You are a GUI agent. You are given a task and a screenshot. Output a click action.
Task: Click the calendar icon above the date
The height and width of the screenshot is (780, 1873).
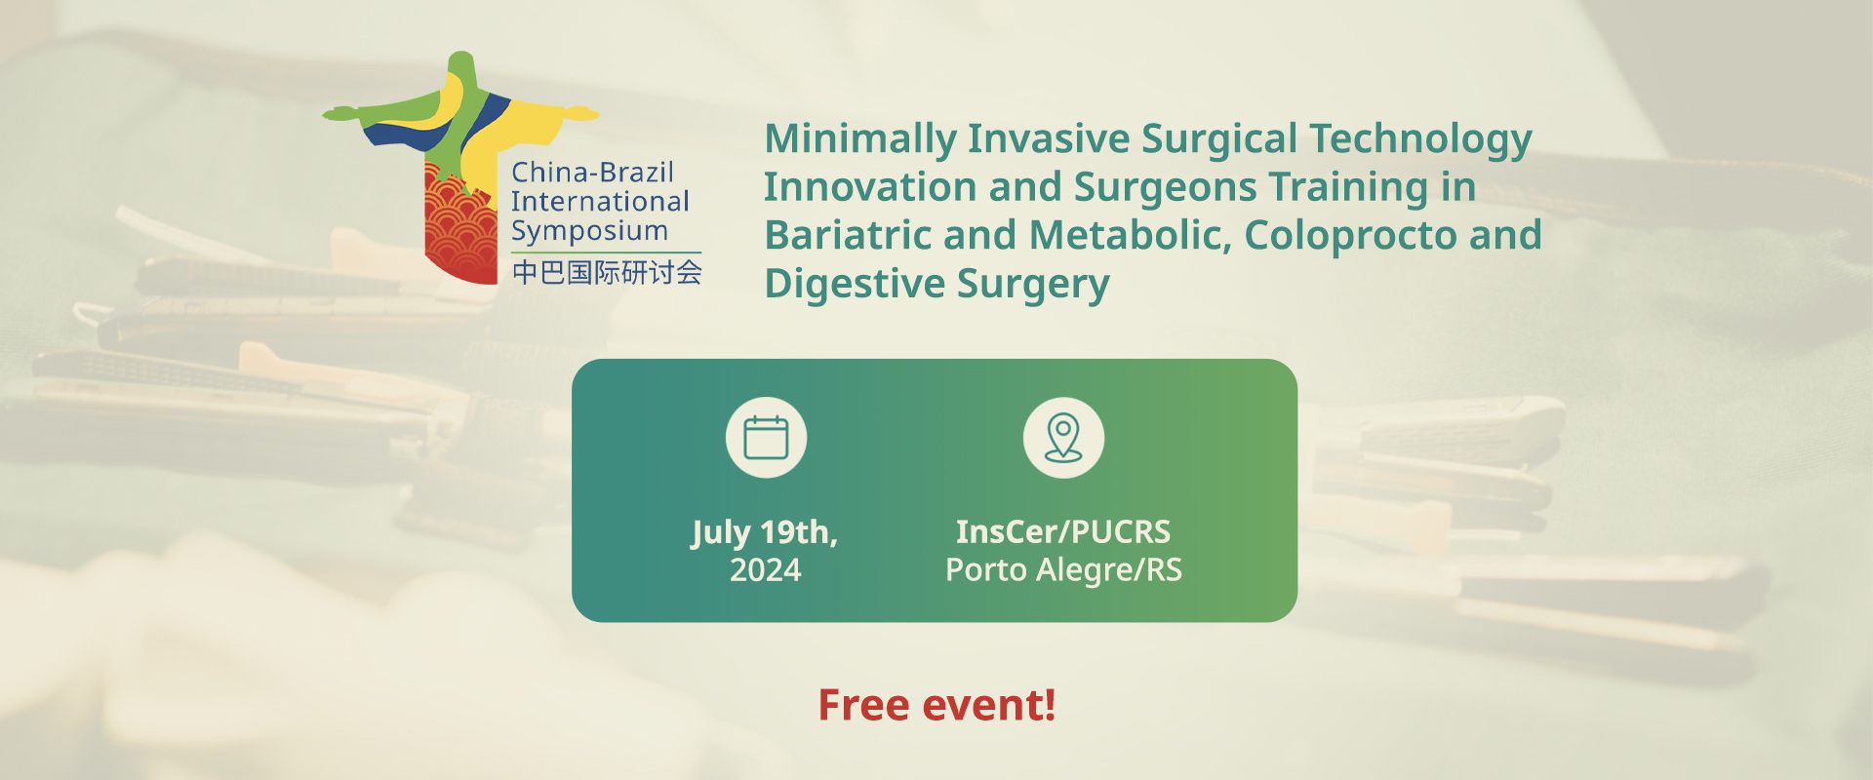(766, 438)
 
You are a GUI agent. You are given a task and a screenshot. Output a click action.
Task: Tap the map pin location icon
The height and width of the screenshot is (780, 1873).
(1063, 438)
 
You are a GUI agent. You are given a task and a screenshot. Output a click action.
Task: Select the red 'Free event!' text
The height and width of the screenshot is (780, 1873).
(936, 705)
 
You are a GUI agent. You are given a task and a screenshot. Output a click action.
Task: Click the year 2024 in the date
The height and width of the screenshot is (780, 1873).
(766, 569)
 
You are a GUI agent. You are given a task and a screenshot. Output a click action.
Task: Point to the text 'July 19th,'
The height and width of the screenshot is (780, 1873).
(765, 532)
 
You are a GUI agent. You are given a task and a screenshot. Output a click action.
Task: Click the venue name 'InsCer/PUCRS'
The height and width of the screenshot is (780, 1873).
(1063, 531)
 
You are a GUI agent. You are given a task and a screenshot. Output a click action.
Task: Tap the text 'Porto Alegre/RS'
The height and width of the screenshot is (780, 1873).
(1063, 569)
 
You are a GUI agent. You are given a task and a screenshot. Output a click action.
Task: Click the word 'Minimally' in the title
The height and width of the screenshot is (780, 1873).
(859, 139)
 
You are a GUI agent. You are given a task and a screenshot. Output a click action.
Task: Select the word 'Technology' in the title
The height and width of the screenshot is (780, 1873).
(1420, 139)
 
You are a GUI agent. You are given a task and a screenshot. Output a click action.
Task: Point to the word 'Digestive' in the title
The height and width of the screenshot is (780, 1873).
(855, 284)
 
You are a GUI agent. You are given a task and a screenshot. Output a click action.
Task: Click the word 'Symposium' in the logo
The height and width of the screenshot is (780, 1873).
(589, 232)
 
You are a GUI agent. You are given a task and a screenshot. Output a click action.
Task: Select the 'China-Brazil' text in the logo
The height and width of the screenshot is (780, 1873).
(593, 173)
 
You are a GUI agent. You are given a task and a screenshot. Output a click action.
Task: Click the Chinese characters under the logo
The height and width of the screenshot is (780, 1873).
(607, 272)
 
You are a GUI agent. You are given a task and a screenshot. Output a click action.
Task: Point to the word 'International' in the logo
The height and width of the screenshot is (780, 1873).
(600, 202)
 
